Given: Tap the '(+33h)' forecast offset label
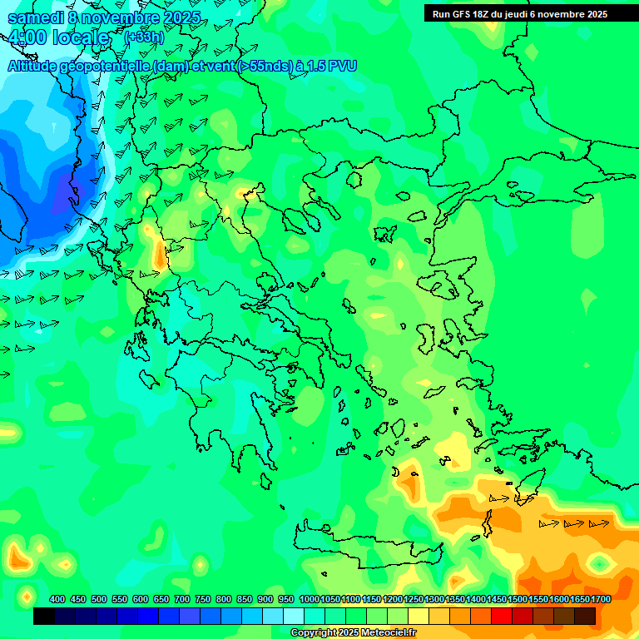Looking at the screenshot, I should (144, 37).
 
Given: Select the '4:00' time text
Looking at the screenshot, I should (27, 38).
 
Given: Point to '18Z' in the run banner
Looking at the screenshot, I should (483, 14).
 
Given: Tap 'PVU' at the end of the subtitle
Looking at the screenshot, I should (342, 66).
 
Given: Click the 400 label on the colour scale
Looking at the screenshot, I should (57, 599).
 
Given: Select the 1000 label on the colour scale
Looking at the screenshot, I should (309, 599).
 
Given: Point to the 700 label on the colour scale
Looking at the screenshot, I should (182, 599).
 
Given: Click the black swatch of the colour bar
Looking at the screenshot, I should (44, 617).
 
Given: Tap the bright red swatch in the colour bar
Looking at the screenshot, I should (502, 617).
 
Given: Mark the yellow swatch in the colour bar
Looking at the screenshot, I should (419, 617).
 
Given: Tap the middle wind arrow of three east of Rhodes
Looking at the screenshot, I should (572, 524).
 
